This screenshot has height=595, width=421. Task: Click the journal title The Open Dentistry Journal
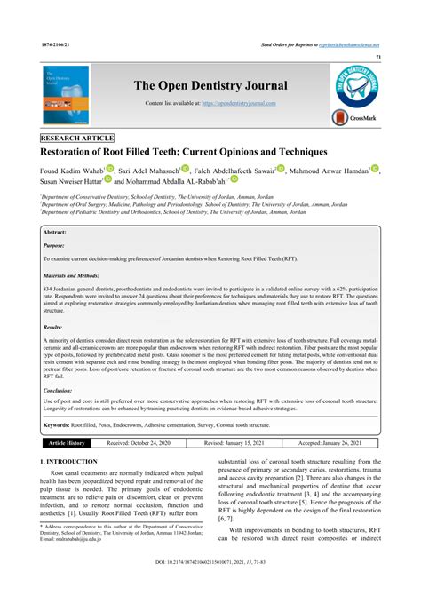[210, 85]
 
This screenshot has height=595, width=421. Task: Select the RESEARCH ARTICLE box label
[77, 139]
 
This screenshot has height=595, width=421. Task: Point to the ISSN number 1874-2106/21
[55, 43]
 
